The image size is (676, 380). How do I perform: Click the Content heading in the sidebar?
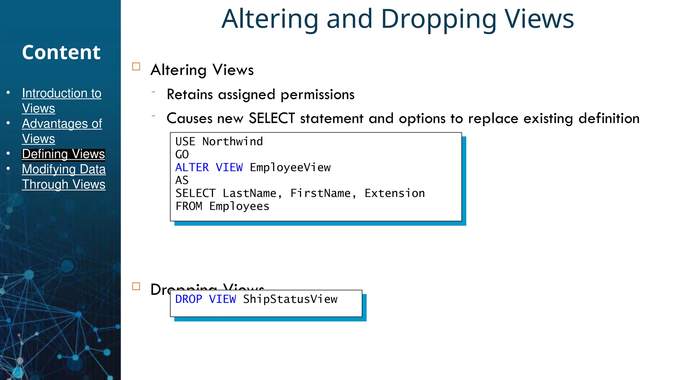(61, 52)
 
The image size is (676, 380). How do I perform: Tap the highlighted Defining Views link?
(63, 154)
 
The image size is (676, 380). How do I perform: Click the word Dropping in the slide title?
(439, 19)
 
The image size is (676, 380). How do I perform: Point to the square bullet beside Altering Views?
(136, 67)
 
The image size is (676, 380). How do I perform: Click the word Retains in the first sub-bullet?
(189, 95)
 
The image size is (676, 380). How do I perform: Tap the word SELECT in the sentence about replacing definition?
(271, 118)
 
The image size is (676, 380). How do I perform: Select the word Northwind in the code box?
(232, 142)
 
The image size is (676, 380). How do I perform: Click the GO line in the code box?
(182, 154)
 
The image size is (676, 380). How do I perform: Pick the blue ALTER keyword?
(192, 168)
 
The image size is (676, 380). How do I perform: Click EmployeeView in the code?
(290, 168)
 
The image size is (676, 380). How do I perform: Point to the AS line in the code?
(182, 180)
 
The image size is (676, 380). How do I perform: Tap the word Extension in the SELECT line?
(394, 193)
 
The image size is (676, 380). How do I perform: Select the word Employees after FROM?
(239, 206)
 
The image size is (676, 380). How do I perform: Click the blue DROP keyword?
(188, 299)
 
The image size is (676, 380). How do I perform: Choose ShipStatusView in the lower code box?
(290, 299)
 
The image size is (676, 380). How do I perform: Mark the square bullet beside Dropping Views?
(136, 286)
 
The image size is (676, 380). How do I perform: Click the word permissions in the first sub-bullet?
(318, 95)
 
